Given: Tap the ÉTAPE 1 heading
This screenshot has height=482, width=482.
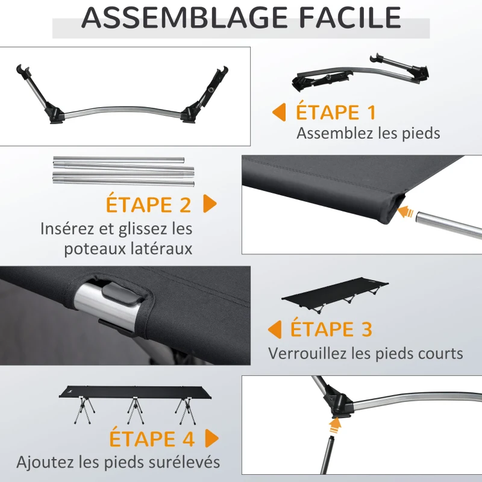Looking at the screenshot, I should tap(336, 112).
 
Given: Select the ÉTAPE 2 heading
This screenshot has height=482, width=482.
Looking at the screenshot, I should tap(148, 204).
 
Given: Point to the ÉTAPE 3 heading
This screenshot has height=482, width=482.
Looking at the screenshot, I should tap(331, 330).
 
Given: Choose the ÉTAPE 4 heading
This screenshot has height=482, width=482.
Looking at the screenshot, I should tap(152, 438).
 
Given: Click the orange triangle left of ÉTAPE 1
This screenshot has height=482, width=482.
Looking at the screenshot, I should tap(279, 112).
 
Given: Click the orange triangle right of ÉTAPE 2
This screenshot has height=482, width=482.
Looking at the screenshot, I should tap(210, 204).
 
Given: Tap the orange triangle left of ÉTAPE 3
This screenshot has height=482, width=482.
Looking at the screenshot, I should tap(275, 330).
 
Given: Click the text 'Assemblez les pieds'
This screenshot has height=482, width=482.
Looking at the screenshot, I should tap(368, 133).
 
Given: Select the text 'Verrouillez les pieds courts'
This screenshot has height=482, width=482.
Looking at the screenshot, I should tap(366, 353).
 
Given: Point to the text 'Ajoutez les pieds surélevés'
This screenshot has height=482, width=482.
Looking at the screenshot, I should tap(118, 463).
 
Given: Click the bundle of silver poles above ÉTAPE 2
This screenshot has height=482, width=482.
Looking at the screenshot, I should tap(124, 171).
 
